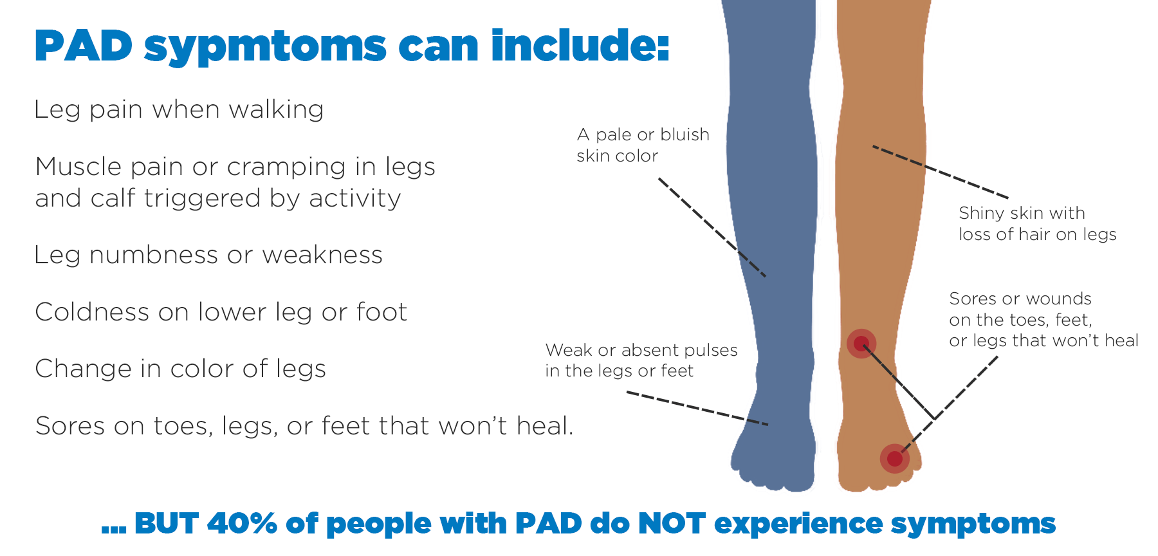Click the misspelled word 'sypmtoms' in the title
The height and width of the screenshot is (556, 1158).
265,47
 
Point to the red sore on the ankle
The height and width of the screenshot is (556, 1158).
861,344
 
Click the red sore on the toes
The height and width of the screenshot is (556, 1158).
895,459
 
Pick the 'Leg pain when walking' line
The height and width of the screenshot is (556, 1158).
179,110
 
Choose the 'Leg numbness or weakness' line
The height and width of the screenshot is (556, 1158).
208,255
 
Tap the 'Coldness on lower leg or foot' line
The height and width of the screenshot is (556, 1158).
221,312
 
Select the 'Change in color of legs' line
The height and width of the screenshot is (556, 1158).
180,369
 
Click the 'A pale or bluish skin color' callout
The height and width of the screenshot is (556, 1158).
643,145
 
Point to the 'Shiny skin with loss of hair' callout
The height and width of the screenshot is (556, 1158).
1037,223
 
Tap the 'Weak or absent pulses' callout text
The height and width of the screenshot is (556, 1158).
641,360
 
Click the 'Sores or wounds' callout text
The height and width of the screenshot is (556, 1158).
1043,319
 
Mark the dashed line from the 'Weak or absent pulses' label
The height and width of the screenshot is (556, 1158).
697,409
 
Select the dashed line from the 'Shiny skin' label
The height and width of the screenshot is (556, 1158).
941,172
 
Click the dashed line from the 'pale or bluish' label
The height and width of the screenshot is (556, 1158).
712,227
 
